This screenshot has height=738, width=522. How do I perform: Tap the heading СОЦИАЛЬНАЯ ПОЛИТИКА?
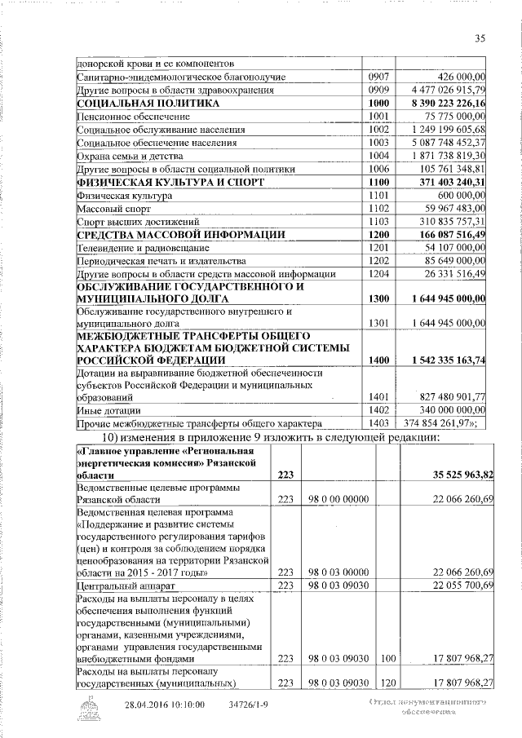(148, 104)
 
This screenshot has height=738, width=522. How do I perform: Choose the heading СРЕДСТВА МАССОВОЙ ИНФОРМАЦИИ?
(180, 235)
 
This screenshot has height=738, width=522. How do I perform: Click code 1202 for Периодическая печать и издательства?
(379, 260)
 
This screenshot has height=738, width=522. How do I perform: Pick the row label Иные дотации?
(108, 409)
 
